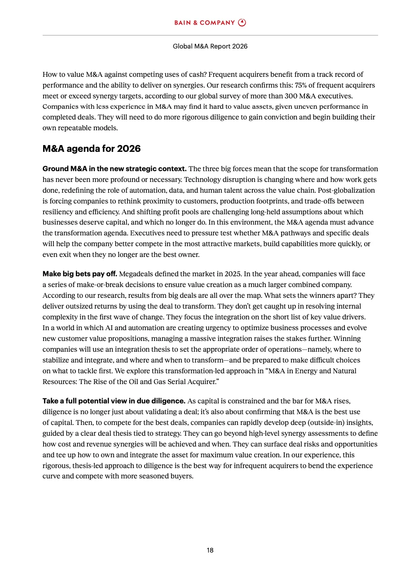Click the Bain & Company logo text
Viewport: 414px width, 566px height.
coord(204,23)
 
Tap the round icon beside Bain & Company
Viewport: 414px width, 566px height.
coord(242,22)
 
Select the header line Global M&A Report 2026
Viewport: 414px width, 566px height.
coord(210,46)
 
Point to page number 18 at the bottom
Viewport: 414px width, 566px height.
coord(210,550)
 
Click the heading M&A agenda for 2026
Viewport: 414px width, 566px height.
coord(92,149)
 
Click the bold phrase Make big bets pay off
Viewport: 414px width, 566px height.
coord(80,274)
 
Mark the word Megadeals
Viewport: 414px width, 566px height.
coord(136,274)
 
